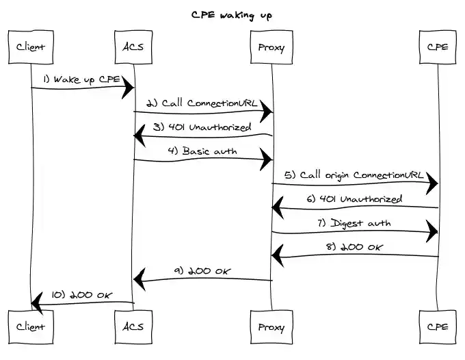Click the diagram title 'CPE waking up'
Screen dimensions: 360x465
[x=232, y=14]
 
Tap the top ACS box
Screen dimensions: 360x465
[x=133, y=47]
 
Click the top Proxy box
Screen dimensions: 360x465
[x=271, y=47]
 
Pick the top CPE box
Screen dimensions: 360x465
[x=437, y=47]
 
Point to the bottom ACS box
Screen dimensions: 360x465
[x=133, y=326]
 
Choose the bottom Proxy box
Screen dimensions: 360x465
[x=271, y=326]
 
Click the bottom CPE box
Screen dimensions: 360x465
[x=437, y=326]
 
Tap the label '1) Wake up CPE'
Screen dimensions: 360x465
[x=82, y=79]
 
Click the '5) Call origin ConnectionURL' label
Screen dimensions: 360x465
[x=354, y=175]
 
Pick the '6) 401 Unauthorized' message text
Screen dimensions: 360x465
[x=354, y=199]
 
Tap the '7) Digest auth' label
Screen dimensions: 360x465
[x=354, y=223]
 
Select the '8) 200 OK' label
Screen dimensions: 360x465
[x=354, y=247]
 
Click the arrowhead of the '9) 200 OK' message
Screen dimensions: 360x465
[x=139, y=278]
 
